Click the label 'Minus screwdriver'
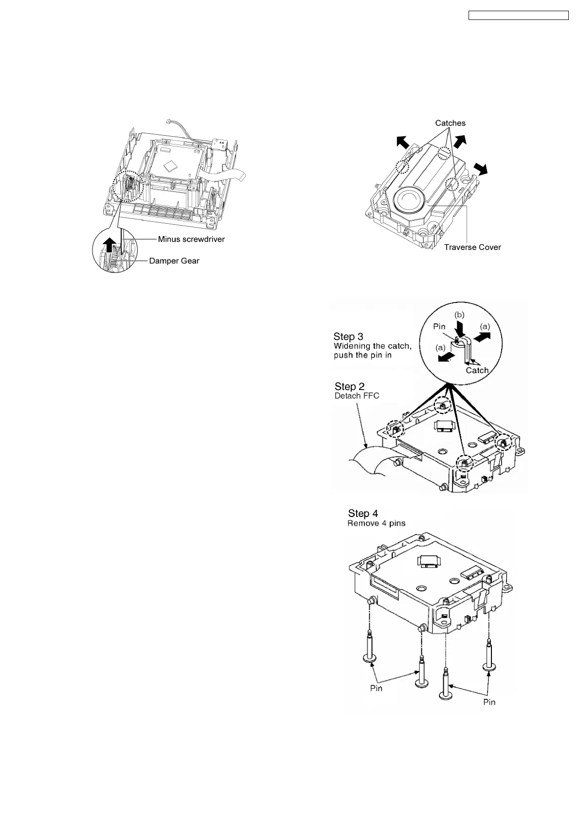pos(191,239)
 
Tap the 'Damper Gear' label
pos(174,261)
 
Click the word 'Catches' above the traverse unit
pos(450,123)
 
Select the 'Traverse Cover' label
pos(472,247)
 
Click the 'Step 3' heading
pos(348,337)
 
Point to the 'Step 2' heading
pos(349,387)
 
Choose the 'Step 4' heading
pos(363,514)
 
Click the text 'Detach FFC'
pos(357,396)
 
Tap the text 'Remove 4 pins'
pos(376,523)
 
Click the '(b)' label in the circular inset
pos(460,315)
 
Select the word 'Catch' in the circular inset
pos(477,370)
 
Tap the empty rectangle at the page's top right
pos(518,16)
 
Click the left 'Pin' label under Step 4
pos(376,688)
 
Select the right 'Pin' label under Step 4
pos(489,702)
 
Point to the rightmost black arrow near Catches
pos(482,168)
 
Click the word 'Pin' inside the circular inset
pos(439,326)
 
